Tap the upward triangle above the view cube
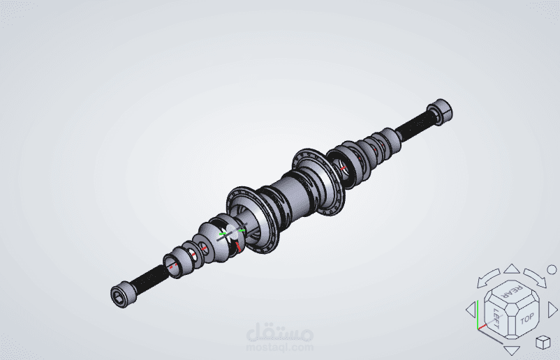click(x=512, y=269)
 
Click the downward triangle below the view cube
click(x=512, y=350)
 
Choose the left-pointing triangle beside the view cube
click(x=471, y=309)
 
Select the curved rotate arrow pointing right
click(x=536, y=278)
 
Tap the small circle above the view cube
click(x=552, y=270)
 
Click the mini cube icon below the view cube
click(x=543, y=343)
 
